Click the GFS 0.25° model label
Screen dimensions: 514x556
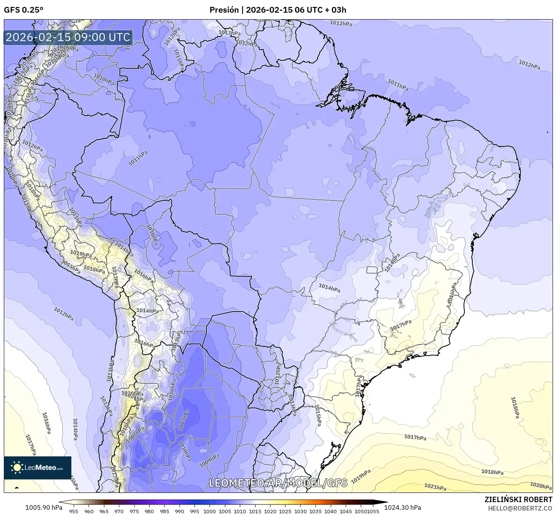coord(23,10)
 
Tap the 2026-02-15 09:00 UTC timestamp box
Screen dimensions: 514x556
coord(68,37)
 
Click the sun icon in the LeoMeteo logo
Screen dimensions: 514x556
coord(17,468)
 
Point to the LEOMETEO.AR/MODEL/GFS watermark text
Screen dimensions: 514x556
coord(278,483)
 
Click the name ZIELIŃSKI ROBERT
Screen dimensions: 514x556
coord(518,500)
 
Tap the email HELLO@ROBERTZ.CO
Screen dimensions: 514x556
coord(520,508)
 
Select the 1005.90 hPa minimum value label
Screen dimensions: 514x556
coord(44,507)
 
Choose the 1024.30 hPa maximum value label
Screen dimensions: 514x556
coord(405,507)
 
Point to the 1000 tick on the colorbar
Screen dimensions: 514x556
coord(210,511)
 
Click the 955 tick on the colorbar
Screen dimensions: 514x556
coord(74,511)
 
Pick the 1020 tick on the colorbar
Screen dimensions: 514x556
coord(270,511)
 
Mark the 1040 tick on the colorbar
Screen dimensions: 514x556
coord(330,511)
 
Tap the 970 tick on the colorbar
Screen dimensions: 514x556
coord(119,511)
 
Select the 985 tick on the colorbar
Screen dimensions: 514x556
coord(164,511)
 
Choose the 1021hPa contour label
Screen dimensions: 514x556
coord(435,487)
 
